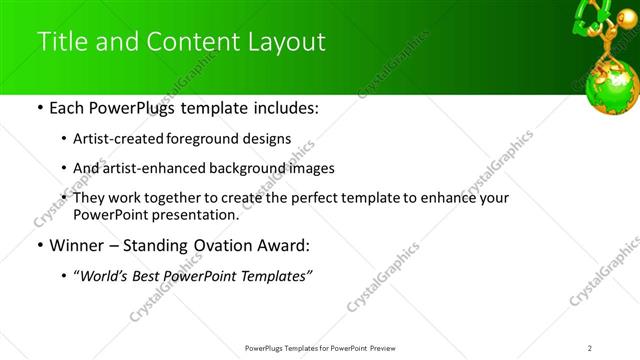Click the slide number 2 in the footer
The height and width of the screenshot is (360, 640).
(x=590, y=348)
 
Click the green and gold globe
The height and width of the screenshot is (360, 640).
(x=612, y=85)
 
